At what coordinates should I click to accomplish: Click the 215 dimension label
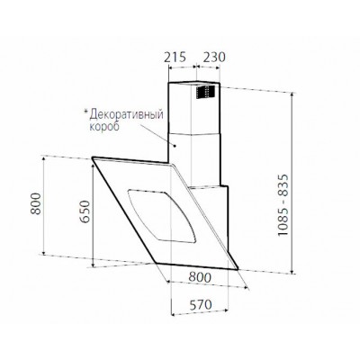[x=175, y=57]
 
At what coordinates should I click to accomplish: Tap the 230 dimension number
[x=213, y=57]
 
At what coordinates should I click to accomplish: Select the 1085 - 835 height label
[x=283, y=205]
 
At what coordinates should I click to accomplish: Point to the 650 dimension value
[x=85, y=211]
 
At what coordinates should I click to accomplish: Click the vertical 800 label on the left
[x=36, y=203]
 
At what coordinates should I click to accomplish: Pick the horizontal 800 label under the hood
[x=200, y=277]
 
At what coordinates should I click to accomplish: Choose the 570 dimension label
[x=201, y=305]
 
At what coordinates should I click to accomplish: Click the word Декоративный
[x=127, y=114]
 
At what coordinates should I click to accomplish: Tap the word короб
[x=104, y=126]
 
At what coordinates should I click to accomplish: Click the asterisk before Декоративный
[x=86, y=112]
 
